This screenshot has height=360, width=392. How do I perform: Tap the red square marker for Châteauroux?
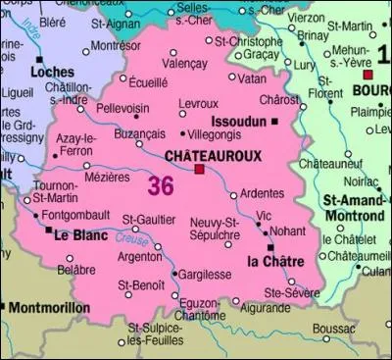pyautogui.click(x=200, y=169)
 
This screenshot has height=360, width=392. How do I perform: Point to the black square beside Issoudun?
pyautogui.click(x=275, y=121)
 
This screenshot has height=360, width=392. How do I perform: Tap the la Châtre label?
pyautogui.click(x=266, y=261)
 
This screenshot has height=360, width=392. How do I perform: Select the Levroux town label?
pyautogui.click(x=198, y=102)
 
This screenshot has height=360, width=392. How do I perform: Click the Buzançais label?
pyautogui.click(x=140, y=131)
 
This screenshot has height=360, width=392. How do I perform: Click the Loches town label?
pyautogui.click(x=52, y=72)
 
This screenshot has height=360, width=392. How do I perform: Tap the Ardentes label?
pyautogui.click(x=261, y=192)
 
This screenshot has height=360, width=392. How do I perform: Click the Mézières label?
pyautogui.click(x=107, y=178)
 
